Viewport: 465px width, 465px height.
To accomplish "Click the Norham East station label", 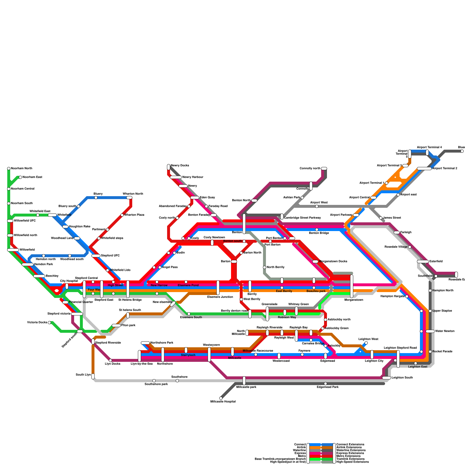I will point(32,177).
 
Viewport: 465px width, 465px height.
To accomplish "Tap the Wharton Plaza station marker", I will point(122,215).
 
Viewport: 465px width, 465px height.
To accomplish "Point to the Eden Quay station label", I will point(207,198).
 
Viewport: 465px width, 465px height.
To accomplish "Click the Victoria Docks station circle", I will point(49,323).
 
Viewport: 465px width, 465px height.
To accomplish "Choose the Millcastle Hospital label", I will point(223,402).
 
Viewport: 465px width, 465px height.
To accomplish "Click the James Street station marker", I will point(381,218).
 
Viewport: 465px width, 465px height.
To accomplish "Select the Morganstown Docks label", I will point(333,262).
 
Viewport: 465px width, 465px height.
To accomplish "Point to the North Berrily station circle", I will point(264,267).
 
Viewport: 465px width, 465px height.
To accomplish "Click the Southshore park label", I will point(156,384).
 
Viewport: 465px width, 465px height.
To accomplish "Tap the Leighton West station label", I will point(368,339).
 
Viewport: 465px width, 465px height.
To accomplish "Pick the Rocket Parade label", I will point(442,352).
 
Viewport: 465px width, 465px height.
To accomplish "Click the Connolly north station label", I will point(310,169).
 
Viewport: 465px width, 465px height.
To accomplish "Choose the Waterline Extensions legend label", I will point(351,450).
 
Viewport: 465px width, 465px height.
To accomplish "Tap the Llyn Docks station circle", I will point(110,360).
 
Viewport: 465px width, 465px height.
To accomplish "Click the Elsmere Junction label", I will point(220,297).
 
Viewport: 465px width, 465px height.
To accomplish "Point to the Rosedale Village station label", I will point(396,247).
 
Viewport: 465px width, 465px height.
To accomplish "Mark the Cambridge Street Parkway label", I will point(302,218).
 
